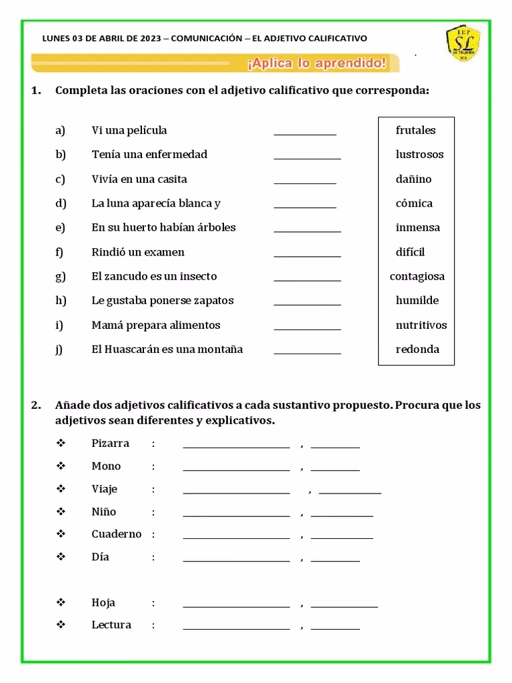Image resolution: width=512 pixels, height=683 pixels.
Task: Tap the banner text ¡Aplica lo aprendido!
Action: pos(317,63)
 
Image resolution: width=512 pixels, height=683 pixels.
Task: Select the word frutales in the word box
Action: pos(415,130)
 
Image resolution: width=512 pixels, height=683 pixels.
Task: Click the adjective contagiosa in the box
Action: pos(417,276)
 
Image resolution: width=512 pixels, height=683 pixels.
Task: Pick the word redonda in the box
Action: pos(417,350)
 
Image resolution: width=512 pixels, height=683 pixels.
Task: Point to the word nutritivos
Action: pos(421,325)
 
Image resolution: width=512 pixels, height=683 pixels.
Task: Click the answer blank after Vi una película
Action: pos(305,133)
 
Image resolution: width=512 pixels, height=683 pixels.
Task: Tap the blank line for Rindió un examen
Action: pos(307,255)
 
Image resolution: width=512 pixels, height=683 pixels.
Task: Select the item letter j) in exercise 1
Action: pos(60,350)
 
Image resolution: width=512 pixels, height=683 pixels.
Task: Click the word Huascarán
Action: pos(144,350)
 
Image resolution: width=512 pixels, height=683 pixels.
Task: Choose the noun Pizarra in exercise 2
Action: pos(111,444)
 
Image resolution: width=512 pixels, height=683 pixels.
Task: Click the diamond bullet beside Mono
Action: pos(61,466)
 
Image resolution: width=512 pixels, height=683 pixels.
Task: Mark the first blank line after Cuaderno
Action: pos(236,537)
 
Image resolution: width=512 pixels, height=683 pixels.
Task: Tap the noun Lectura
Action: pos(111,625)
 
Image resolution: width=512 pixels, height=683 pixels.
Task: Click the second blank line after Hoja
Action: pos(344,606)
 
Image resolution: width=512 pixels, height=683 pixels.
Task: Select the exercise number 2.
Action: pos(36,406)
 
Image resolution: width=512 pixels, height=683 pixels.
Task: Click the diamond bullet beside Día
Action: pos(61,556)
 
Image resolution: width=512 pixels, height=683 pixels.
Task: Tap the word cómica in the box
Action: pos(414,203)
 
